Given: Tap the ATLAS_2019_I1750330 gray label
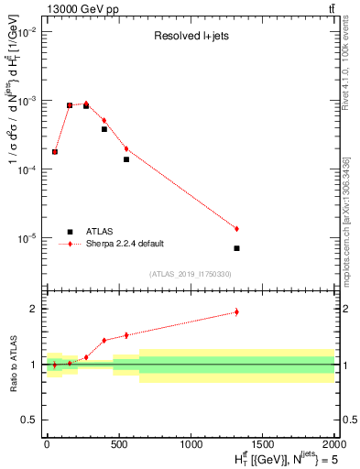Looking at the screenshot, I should click(x=190, y=274).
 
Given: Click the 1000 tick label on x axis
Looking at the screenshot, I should click(x=191, y=442).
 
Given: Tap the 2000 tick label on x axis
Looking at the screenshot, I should click(x=334, y=442).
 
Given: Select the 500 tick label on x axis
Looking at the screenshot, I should click(x=118, y=442).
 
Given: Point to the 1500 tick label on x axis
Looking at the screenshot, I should click(x=263, y=442).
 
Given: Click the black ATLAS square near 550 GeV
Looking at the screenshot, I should click(x=126, y=159).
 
